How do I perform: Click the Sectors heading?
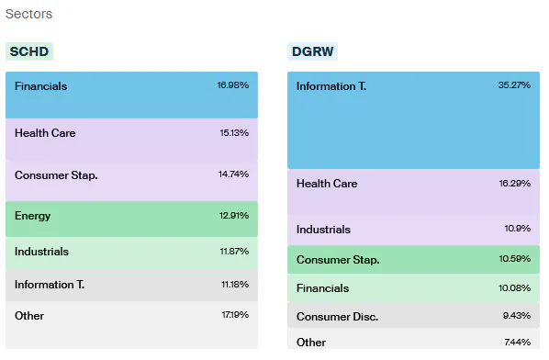pos(29,15)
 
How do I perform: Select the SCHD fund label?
pos(29,51)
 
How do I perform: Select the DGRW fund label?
pos(311,51)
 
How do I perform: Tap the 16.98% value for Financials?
pos(232,86)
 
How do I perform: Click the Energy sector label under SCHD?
pos(33,216)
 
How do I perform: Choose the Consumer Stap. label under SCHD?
pos(56,174)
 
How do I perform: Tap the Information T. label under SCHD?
pos(50,285)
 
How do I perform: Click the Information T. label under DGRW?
pos(331,86)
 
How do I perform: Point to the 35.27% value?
pos(513,86)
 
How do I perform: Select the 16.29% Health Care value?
pos(513,184)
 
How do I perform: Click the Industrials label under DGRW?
pos(323,230)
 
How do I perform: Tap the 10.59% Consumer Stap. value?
pos(513,259)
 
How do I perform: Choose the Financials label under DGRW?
pos(322,288)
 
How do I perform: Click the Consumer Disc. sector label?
pos(337,317)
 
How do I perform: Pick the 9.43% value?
pos(515,317)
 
